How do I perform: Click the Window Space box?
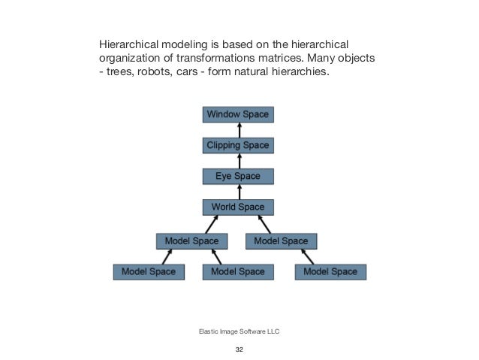tap(237, 114)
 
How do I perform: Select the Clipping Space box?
tap(237, 145)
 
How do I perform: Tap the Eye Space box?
tap(237, 177)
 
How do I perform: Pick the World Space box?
tap(237, 207)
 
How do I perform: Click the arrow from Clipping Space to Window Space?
tap(238, 130)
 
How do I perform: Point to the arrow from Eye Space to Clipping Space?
tap(238, 161)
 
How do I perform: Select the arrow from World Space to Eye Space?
tap(238, 192)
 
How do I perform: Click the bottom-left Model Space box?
tap(149, 271)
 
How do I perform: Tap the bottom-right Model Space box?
tap(330, 271)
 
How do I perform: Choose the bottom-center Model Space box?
tap(238, 271)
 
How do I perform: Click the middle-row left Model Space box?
tap(191, 241)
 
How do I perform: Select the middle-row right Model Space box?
tap(282, 241)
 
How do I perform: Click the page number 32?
tap(239, 349)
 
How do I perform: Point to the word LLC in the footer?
tap(273, 331)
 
